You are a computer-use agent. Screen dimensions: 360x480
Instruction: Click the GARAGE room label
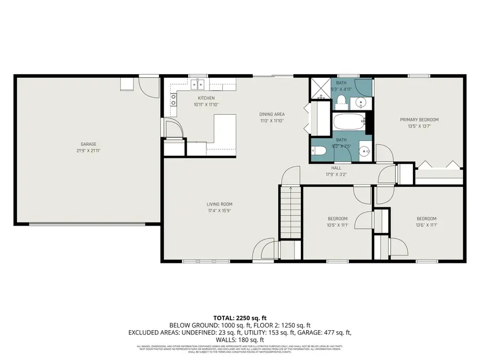pos(89,144)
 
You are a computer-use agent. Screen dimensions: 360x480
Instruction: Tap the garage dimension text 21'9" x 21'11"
pos(89,150)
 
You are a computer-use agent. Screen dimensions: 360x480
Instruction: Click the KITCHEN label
pos(206,98)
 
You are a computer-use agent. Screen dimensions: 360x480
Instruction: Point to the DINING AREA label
pos(271,114)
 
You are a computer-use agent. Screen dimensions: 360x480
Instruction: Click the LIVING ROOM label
pos(220,204)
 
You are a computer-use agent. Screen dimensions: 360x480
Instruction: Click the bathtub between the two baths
pos(349,123)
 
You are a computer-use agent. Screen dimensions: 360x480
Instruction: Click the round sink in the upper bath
pos(361,102)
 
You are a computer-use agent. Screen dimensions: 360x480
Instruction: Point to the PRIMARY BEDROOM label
pos(419,119)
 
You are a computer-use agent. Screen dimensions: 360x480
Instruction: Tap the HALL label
pos(336,167)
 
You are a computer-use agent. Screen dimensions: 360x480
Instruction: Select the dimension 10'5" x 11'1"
pos(337,225)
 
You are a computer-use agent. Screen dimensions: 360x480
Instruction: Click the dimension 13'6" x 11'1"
pos(426,225)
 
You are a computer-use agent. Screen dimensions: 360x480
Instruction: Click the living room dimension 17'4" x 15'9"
pos(220,210)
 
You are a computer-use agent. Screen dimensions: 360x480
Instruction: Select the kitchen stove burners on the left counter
pos(173,99)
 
